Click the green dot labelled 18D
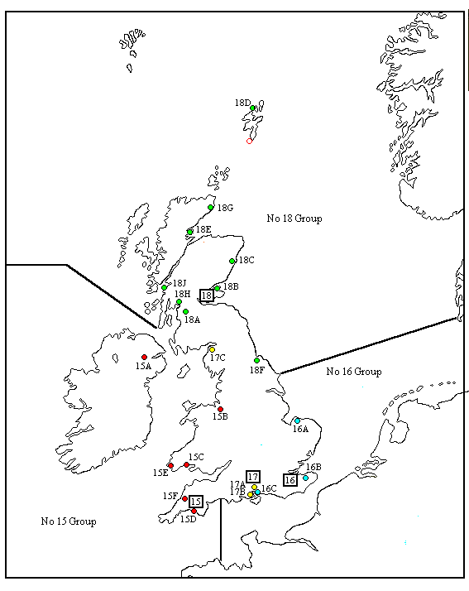coord(253,108)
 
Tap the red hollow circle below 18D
coord(249,141)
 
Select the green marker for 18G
coord(211,208)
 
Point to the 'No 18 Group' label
coord(294,219)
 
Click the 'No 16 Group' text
coord(353,372)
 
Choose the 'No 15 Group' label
coord(69,521)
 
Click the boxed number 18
coord(207,294)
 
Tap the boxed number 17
coord(253,476)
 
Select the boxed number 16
coord(290,479)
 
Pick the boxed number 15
coord(195,502)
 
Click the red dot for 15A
coord(144,358)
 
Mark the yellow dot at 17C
coord(212,349)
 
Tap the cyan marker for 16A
coord(297,420)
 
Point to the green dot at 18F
coord(257,360)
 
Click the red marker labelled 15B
coord(220,409)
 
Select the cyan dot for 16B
coord(305,478)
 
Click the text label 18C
coord(246,260)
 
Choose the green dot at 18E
coord(190,232)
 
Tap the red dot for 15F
coord(184,498)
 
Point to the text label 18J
coord(179,283)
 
